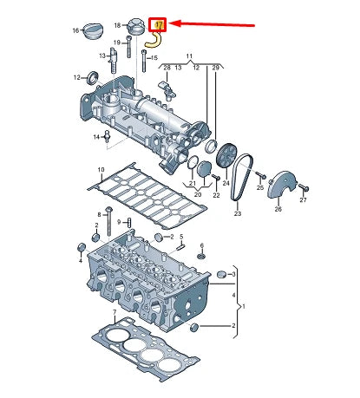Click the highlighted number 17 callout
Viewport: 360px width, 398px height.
159,25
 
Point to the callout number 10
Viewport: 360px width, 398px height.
101,169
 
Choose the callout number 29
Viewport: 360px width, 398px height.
216,66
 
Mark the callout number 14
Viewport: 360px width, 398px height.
97,137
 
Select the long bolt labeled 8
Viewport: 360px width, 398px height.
108,227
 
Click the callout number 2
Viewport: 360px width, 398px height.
234,326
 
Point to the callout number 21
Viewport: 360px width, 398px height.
192,183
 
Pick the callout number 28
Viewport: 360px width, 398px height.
168,66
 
